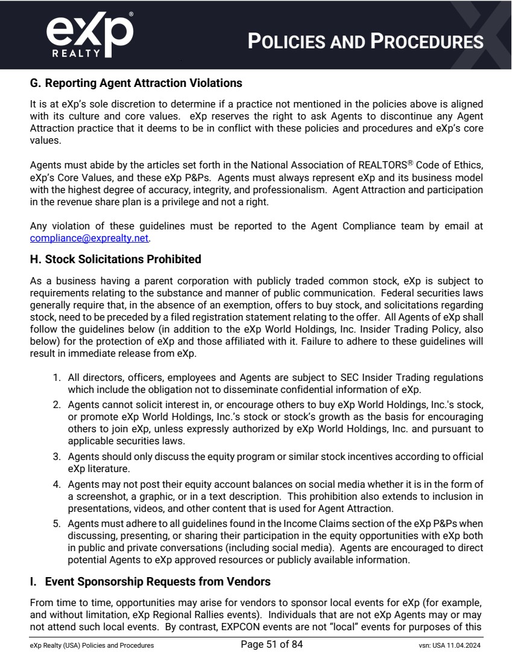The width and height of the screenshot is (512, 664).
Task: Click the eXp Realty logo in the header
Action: pos(89,35)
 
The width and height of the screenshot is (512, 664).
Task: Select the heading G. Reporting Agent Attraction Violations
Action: pos(136,83)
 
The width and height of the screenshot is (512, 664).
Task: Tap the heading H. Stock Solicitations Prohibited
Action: pos(115,260)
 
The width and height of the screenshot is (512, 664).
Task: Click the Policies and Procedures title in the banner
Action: pos(366,41)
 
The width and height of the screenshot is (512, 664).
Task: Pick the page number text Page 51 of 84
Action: pos(271,645)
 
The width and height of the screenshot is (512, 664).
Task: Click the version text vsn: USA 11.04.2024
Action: pos(446,645)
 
